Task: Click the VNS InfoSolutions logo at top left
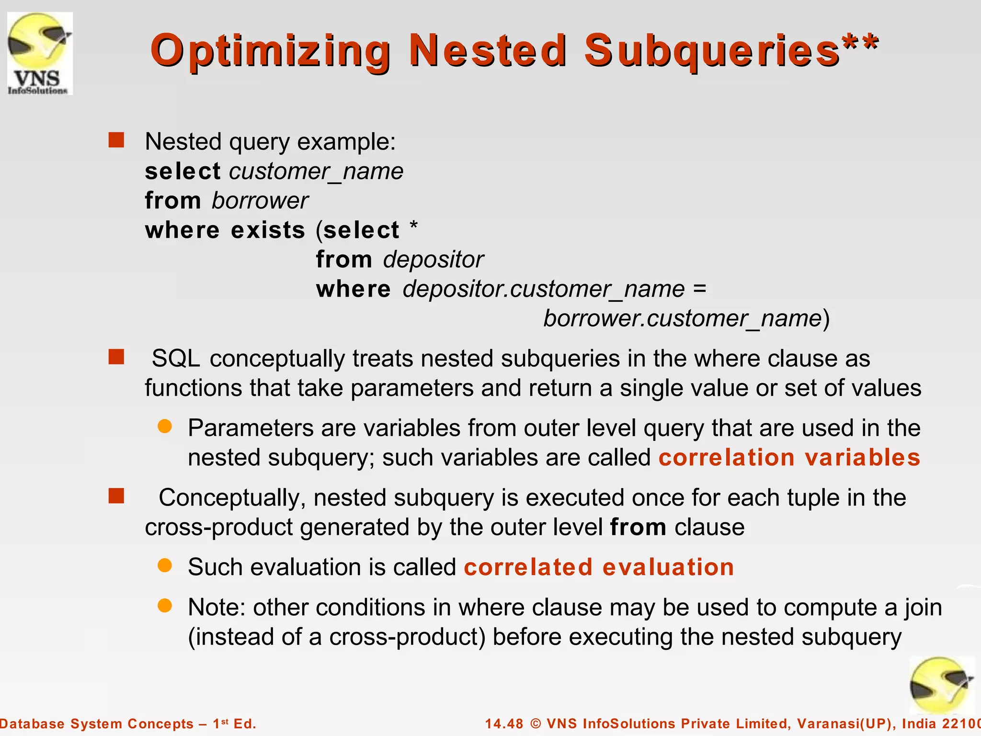tap(40, 54)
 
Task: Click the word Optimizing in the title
tap(271, 52)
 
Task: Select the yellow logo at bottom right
tap(941, 686)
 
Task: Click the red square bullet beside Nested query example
tap(116, 140)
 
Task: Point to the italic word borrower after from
tap(260, 201)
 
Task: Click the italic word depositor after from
tap(433, 260)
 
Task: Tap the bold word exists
tap(268, 230)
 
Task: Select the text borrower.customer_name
tap(682, 319)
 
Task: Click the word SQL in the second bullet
tap(176, 359)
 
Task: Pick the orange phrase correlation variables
tap(789, 458)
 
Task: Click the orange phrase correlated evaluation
tap(599, 567)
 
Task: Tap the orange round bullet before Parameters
tap(165, 426)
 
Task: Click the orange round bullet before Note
tap(165, 606)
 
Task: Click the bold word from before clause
tap(638, 528)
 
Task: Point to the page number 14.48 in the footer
tap(504, 724)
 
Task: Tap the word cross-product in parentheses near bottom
tap(403, 637)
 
